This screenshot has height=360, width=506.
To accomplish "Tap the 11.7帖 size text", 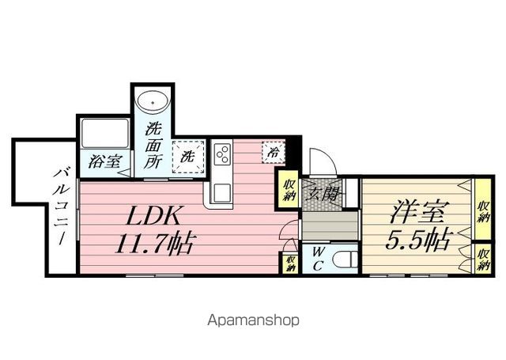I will coord(156,241).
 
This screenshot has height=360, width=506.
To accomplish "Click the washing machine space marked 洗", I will coord(188,156).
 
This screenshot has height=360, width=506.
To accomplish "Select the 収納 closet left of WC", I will coord(290,260).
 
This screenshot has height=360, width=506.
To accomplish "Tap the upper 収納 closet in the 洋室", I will coord(482,210).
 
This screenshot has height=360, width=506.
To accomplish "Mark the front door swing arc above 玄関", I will coord(320,162).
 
